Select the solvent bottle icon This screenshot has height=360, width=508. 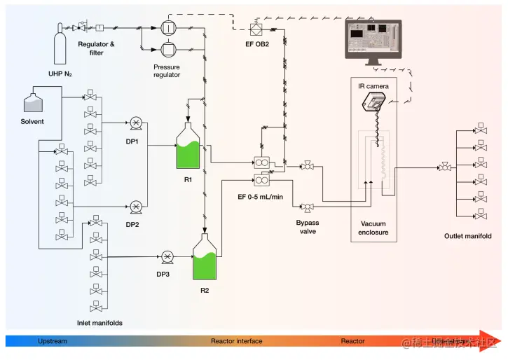tap(33, 103)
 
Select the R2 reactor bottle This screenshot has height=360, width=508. tap(205, 258)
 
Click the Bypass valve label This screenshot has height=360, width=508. tap(307, 227)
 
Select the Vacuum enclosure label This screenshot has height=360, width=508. tap(373, 228)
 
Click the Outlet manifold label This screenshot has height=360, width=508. tap(467, 236)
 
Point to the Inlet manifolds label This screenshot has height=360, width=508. tap(99, 323)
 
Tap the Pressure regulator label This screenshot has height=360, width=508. tap(167, 71)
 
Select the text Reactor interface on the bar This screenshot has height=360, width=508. tap(237, 341)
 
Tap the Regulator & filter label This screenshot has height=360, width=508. tap(96, 48)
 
